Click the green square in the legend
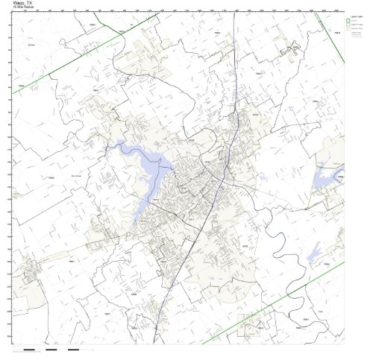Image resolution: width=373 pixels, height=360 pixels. coord(351,20)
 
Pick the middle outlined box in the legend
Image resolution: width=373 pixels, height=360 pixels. coord(351,27)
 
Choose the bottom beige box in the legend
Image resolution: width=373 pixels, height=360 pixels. coord(351,34)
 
